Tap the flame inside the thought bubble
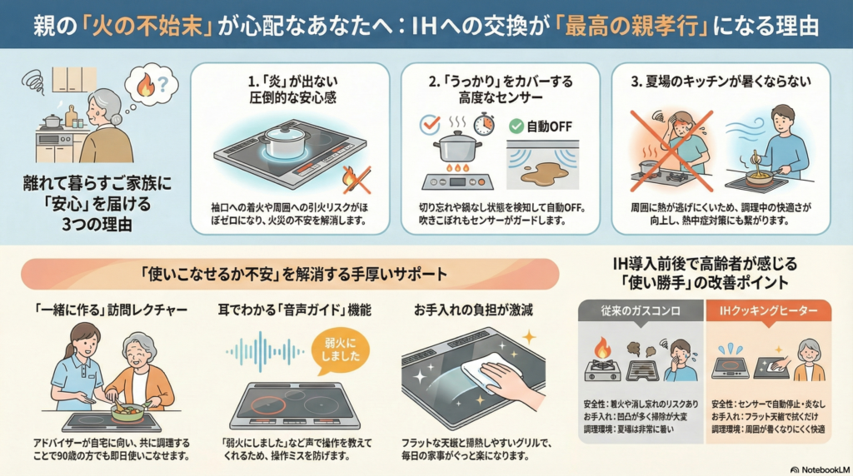146,85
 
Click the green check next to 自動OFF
516,126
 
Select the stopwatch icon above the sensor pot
484,124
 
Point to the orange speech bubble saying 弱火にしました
341,350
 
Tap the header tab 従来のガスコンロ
641,310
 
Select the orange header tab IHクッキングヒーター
768,310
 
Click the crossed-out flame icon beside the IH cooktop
356,180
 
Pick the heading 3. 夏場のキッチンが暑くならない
721,82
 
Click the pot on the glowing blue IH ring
284,140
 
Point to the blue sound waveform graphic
264,352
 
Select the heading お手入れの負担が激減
473,310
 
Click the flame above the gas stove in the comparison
601,348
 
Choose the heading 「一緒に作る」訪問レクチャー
110,310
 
